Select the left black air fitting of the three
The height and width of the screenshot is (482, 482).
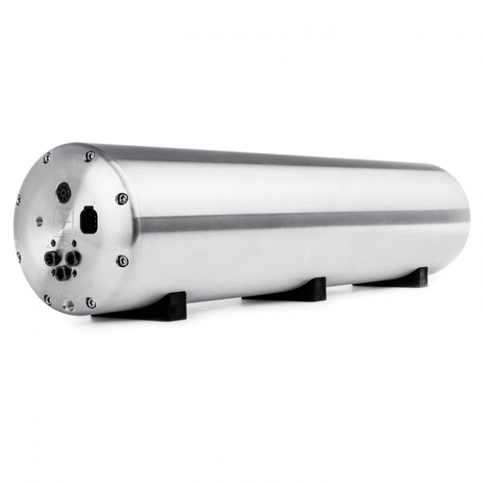pos(52,260)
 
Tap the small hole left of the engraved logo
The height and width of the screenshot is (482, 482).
pos(39,221)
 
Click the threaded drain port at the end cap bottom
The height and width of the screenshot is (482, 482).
pos(68,304)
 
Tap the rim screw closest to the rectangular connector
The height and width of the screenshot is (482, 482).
pos(122,199)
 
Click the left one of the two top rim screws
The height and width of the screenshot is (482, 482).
pos(47,158)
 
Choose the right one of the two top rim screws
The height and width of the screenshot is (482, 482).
pos(90,156)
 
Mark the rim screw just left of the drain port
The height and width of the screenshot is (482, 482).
pos(48,299)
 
